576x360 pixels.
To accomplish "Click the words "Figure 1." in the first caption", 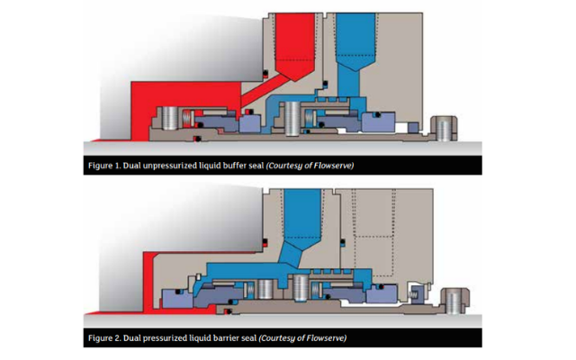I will tap(110, 166).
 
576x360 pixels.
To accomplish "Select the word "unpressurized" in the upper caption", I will tap(178, 166).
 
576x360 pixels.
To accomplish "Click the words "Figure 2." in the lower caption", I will tap(110, 338).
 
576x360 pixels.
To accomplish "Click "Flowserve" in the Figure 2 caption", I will tap(323, 338).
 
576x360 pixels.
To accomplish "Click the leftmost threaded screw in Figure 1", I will tap(173, 118).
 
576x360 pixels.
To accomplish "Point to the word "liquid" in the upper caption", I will tap(220, 166).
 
